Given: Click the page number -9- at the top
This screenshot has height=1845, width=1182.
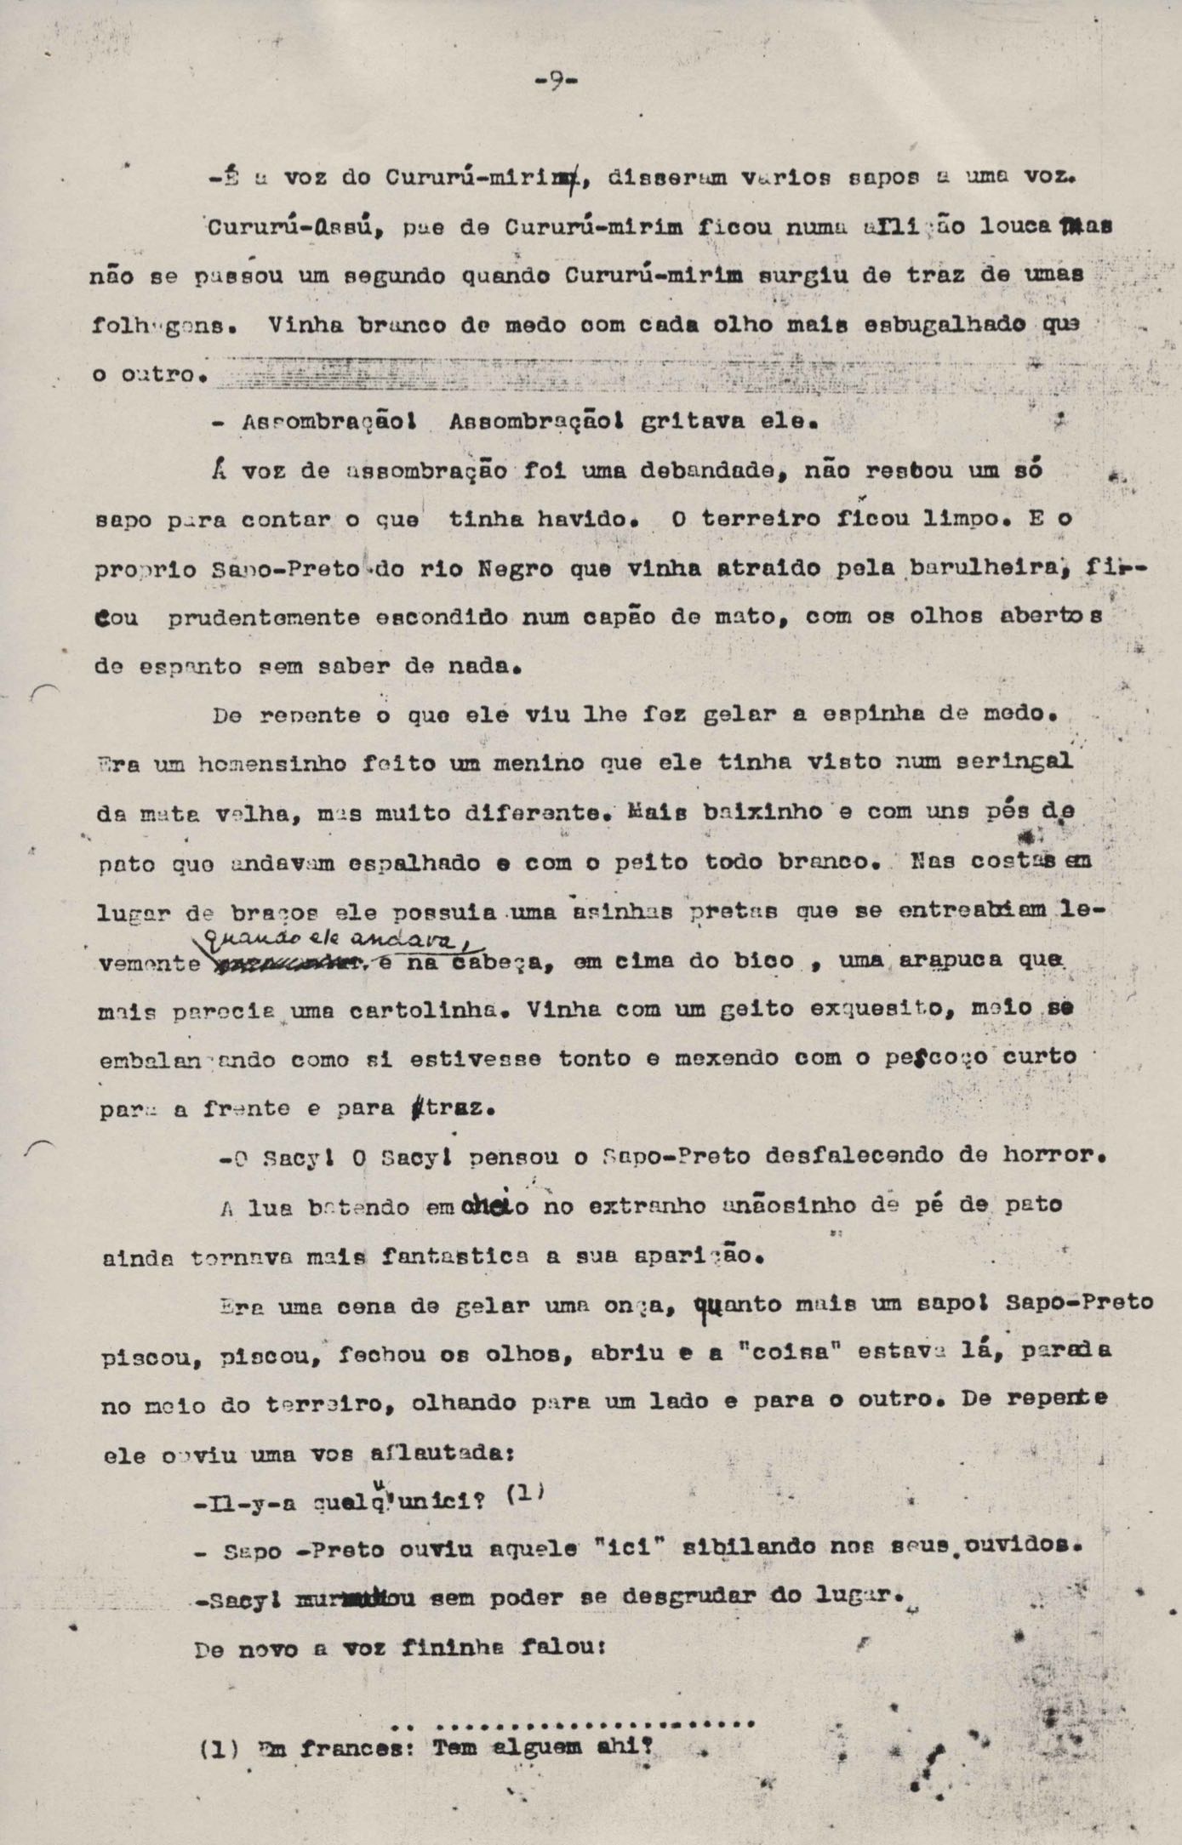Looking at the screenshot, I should (557, 81).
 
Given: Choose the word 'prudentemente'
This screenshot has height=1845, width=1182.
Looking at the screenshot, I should (264, 618).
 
